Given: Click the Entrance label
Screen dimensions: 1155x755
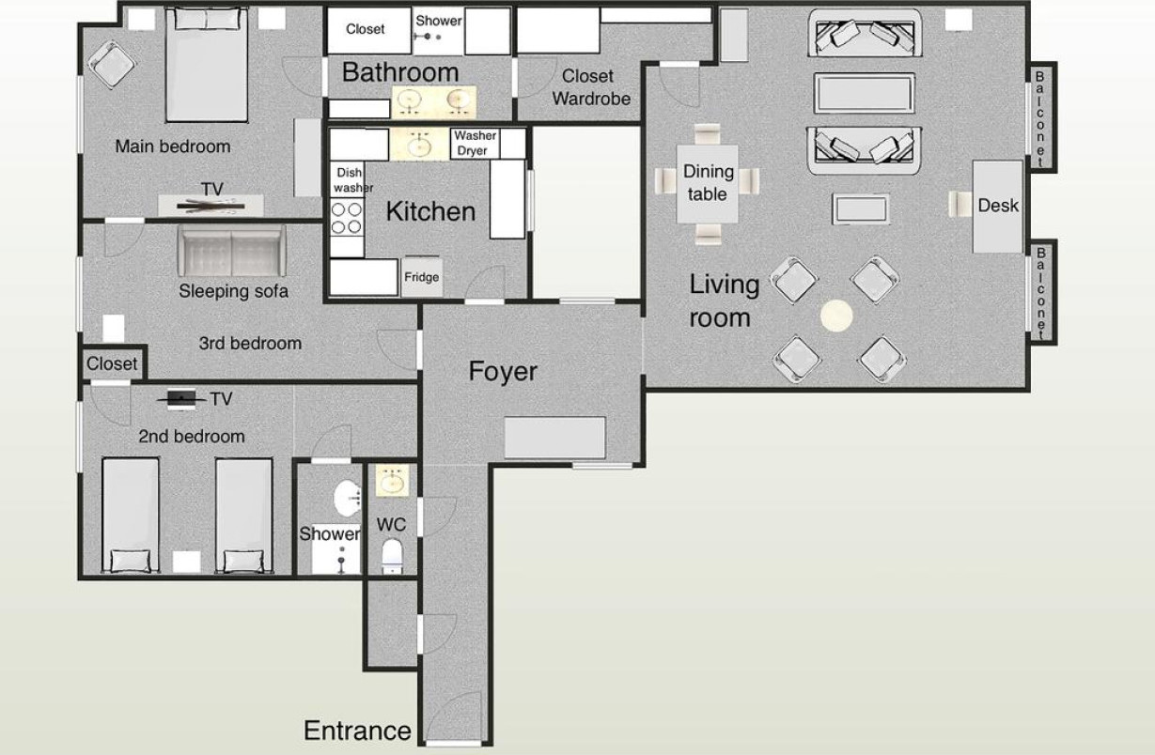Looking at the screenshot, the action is tap(357, 731).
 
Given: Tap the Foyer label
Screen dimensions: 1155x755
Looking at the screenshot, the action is tap(503, 371).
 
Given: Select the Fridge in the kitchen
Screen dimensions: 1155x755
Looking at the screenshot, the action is tap(422, 277).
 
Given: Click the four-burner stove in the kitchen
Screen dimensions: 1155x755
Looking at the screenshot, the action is tap(347, 218).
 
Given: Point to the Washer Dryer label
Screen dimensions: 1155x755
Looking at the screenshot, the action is tap(475, 143).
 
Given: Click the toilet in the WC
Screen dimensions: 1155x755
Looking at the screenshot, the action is tap(392, 555).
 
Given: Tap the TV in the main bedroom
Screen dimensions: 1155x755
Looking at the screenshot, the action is tap(211, 205).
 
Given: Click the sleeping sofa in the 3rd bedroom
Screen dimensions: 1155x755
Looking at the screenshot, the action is tap(231, 251).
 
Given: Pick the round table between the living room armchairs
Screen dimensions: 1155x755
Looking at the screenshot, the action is tap(836, 316).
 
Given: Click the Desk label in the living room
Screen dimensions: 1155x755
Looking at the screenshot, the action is tap(998, 206).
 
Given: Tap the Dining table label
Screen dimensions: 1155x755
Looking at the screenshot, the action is tap(708, 182).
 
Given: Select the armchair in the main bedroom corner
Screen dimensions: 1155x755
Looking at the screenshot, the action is tap(112, 65).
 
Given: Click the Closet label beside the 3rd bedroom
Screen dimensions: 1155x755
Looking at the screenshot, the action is tap(112, 363).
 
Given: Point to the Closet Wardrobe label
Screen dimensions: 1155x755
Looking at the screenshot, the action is tap(591, 87).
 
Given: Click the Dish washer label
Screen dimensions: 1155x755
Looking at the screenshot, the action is tap(352, 180).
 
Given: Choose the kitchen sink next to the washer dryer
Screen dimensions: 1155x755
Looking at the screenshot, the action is tap(420, 145).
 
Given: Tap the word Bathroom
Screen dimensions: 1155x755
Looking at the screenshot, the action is tap(400, 71).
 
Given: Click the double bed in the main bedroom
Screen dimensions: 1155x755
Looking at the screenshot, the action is tap(206, 65).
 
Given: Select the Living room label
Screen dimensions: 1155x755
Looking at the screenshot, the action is tap(724, 301).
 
